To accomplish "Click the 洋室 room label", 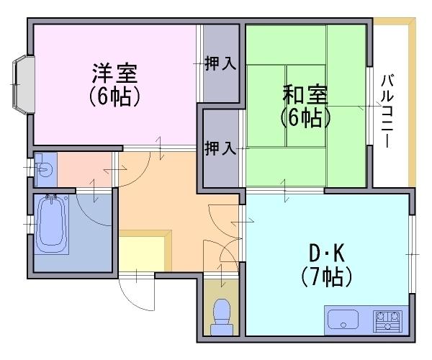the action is click(114, 73).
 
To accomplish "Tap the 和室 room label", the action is click(305, 94).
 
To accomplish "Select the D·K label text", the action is click(326, 253).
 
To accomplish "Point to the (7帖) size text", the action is click(326, 276).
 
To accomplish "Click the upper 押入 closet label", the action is click(220, 63).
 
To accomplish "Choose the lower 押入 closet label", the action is click(220, 148).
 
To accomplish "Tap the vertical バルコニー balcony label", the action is click(387, 111).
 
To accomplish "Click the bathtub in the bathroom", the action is click(52, 224).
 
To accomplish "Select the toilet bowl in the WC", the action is click(222, 317).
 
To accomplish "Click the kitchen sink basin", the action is click(343, 319).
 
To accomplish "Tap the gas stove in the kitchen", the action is click(387, 321).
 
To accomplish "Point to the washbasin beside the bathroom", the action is click(44, 168).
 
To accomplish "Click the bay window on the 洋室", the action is click(23, 85).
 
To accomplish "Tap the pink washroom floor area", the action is click(84, 169).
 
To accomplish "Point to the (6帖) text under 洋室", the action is click(114, 97).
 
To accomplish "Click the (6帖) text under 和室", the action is click(305, 118).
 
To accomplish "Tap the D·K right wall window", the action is click(412, 254).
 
